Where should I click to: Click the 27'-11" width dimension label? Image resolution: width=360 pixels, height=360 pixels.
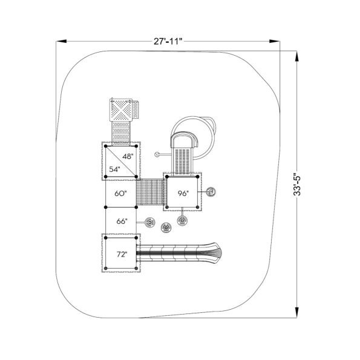pyautogui.click(x=168, y=42)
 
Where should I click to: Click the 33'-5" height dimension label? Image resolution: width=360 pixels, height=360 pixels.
pyautogui.click(x=297, y=184)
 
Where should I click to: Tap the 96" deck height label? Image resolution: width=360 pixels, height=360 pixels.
pyautogui.click(x=183, y=194)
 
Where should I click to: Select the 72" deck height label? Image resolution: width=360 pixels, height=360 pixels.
pyautogui.click(x=122, y=254)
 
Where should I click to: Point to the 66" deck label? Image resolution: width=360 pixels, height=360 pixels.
pyautogui.click(x=122, y=221)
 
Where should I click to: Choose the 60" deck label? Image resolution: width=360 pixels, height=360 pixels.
pyautogui.click(x=121, y=194)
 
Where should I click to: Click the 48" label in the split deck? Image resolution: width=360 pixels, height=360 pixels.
pyautogui.click(x=128, y=157)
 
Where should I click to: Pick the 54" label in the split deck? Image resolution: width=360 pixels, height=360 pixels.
pyautogui.click(x=114, y=169)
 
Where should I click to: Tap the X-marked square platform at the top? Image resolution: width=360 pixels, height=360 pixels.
pyautogui.click(x=121, y=110)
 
